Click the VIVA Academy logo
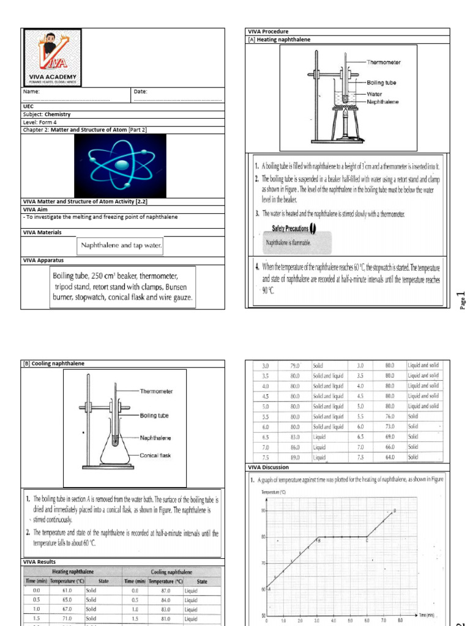(52, 57)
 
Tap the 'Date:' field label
(140, 92)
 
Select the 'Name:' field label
(31, 92)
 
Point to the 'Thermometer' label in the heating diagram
(384, 62)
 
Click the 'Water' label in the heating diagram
(375, 94)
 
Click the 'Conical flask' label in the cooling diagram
(158, 455)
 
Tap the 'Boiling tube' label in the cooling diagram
(154, 416)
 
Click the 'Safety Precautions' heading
(290, 228)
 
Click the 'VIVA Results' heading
(40, 562)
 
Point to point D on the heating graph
(394, 510)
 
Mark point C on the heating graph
(367, 539)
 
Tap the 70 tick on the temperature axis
(263, 563)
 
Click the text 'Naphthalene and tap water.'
(121, 246)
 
